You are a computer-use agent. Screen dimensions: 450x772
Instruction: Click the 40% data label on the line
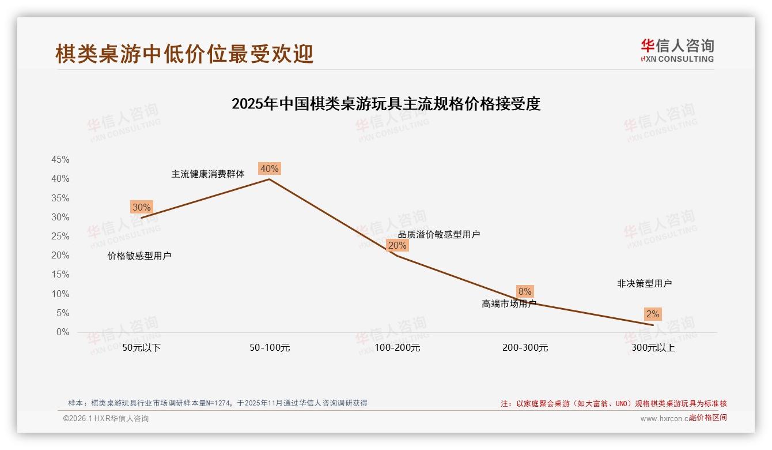270,168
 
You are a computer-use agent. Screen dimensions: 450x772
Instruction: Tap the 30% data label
141,207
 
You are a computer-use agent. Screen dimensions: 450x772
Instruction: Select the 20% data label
397,245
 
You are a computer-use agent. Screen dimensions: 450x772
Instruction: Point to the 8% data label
525,291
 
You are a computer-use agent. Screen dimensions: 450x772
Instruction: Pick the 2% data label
653,314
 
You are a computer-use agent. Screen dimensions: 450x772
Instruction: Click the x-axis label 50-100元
270,348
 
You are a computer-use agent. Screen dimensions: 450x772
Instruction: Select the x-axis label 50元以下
142,348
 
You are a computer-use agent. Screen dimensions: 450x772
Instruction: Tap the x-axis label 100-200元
398,348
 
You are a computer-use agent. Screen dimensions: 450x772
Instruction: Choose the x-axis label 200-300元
525,348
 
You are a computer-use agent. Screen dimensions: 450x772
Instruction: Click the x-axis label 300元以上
653,348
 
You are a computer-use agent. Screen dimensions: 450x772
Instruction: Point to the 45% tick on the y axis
60,159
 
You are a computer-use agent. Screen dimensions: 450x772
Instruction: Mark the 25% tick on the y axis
60,236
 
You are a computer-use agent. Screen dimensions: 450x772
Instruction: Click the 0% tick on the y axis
63,332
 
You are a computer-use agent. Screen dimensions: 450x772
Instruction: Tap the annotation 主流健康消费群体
208,174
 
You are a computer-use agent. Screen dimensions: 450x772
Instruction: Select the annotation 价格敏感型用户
139,256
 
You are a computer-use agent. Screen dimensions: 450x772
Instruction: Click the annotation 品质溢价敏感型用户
439,234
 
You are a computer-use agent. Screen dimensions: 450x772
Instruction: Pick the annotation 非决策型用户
644,283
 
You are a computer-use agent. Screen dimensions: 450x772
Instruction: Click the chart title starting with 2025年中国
386,104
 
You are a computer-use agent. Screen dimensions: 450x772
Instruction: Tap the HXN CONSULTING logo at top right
677,50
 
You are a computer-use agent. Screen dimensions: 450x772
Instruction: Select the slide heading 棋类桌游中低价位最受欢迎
184,54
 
